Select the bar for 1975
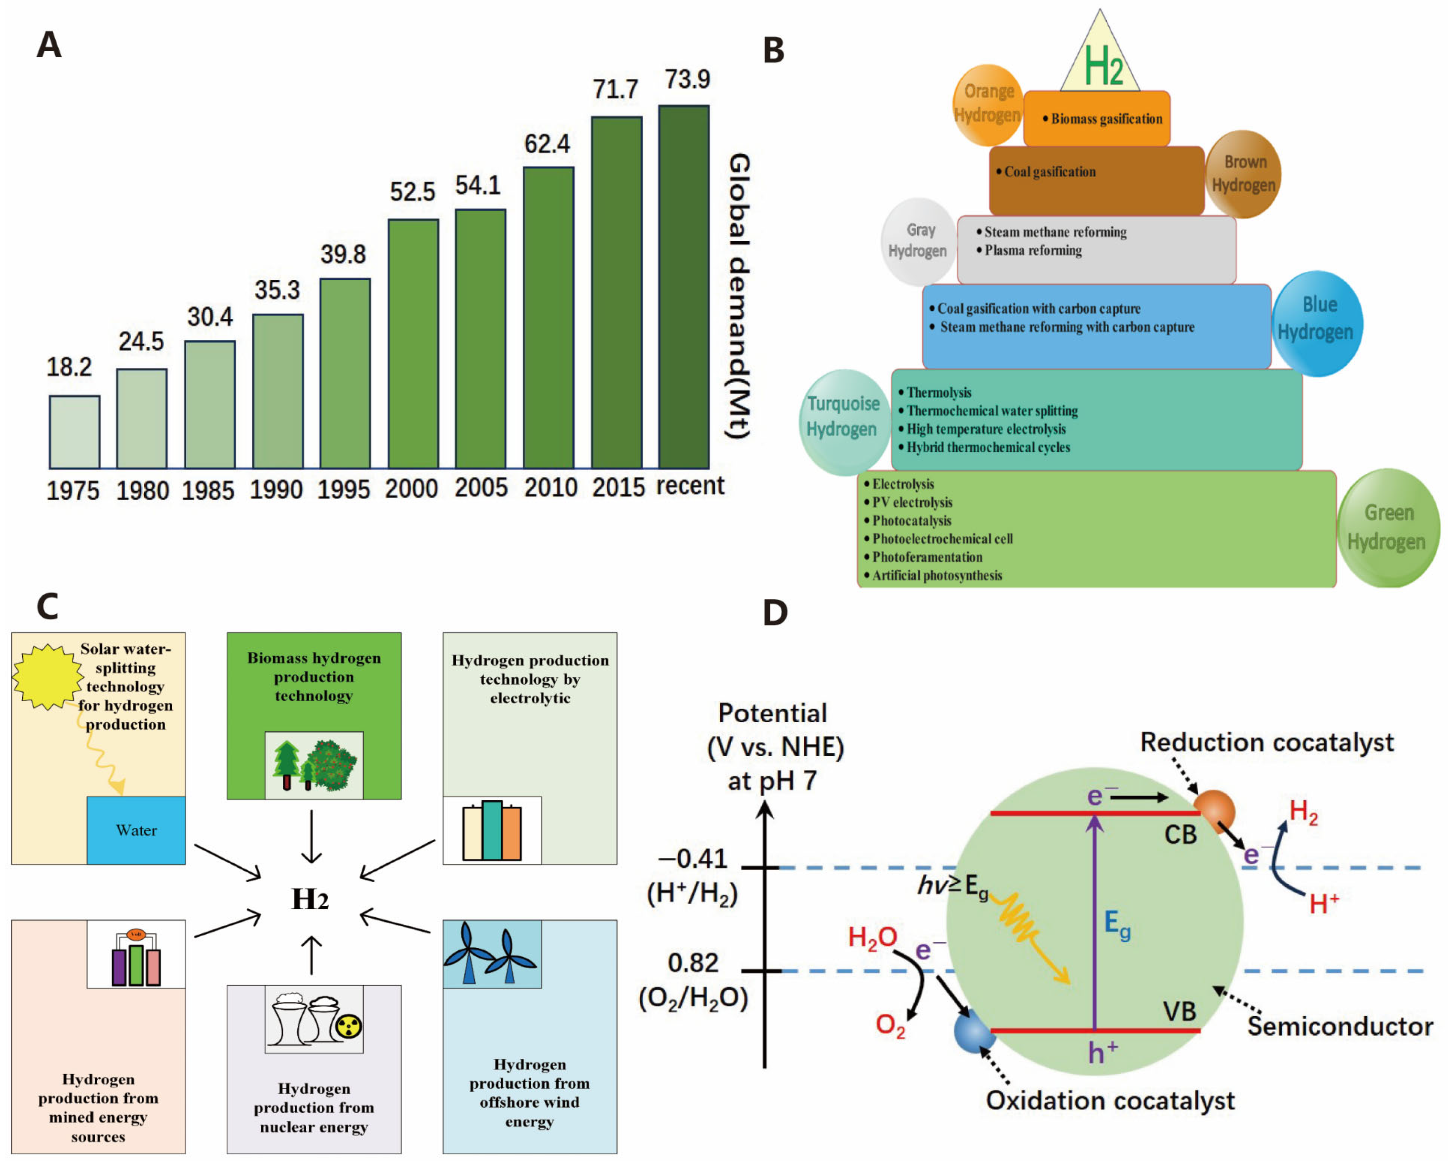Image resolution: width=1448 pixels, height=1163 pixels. point(75,432)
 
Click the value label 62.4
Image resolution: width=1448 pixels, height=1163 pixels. point(547,144)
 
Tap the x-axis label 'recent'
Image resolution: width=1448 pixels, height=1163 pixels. point(690,485)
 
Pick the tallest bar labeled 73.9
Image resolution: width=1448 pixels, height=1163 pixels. point(684,287)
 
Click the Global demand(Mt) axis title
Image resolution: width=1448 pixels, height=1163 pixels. point(739,296)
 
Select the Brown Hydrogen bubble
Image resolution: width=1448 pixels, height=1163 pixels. point(1243,174)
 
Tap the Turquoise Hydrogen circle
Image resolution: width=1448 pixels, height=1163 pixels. point(843,422)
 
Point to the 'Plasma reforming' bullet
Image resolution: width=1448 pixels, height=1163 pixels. point(1032,251)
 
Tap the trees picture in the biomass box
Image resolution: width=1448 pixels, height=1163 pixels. point(314,765)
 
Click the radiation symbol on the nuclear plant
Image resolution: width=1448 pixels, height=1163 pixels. point(349,1026)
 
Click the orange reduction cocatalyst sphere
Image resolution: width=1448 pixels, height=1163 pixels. point(1214,809)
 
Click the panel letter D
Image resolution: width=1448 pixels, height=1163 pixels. point(775,613)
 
